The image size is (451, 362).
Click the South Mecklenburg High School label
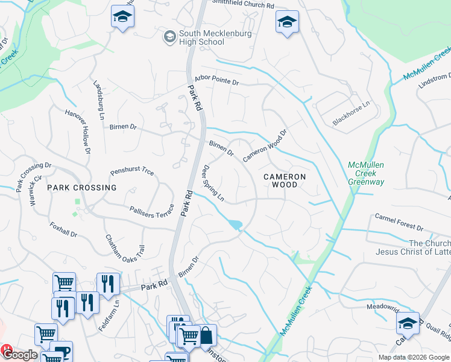(x=201, y=37)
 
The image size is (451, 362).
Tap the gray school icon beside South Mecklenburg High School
(x=169, y=37)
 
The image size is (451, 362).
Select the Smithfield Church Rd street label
(x=242, y=4)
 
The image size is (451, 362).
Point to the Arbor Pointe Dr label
(x=216, y=81)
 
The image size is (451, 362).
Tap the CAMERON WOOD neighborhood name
(x=284, y=180)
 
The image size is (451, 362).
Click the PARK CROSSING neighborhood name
(x=82, y=188)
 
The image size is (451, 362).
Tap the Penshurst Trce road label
(x=132, y=172)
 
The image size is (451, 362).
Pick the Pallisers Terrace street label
(x=152, y=211)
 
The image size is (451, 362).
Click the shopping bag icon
(x=206, y=335)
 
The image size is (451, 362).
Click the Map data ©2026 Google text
(x=413, y=357)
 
